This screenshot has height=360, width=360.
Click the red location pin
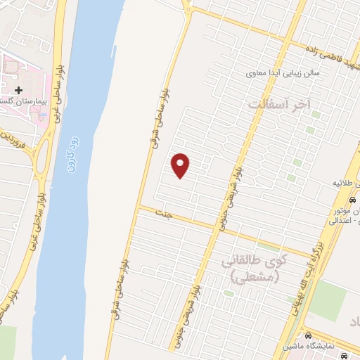coord(181,165)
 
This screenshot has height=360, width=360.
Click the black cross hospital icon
coord(18,90)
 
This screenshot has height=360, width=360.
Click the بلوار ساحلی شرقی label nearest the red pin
coord(160,112)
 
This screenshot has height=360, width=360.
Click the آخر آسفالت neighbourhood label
coord(279,103)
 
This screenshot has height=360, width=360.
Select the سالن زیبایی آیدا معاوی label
coord(283,72)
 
